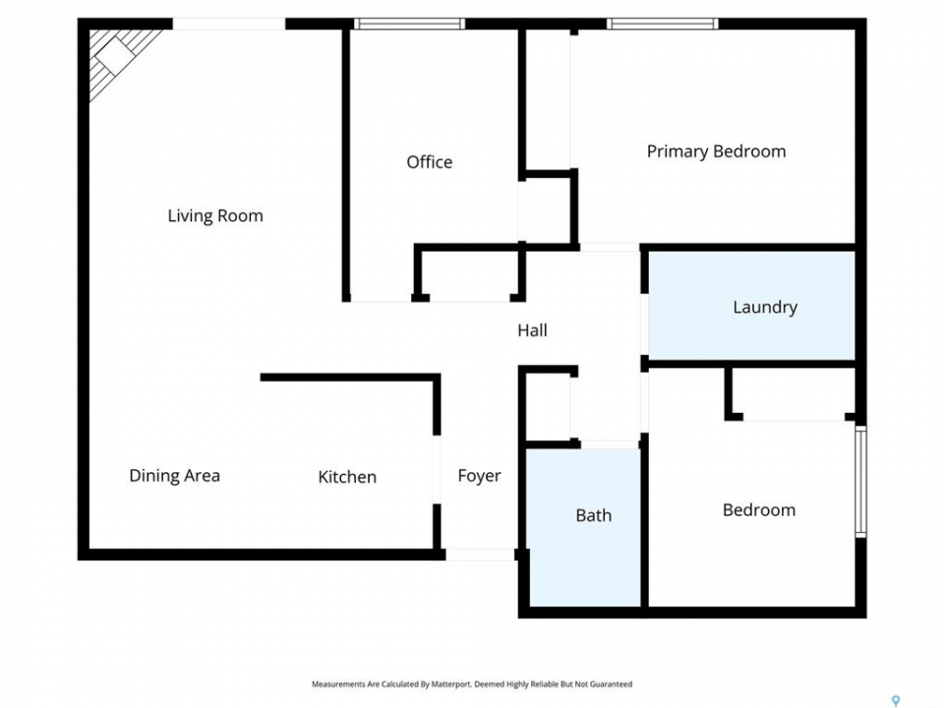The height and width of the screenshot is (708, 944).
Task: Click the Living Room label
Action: pyautogui.click(x=215, y=215)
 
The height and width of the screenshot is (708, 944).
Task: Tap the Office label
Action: pyautogui.click(x=430, y=162)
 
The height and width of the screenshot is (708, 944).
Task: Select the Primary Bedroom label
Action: pyautogui.click(x=717, y=151)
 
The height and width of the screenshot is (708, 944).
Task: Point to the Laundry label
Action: pyautogui.click(x=765, y=307)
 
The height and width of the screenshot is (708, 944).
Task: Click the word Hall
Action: pyautogui.click(x=532, y=330)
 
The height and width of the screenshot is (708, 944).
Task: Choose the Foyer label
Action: pyautogui.click(x=479, y=476)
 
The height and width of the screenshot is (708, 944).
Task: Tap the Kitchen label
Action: pyautogui.click(x=347, y=477)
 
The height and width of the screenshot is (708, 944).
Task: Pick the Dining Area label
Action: pyautogui.click(x=175, y=476)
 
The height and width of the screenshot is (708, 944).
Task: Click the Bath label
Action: pyautogui.click(x=594, y=515)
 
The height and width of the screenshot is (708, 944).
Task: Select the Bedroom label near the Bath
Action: pyautogui.click(x=759, y=510)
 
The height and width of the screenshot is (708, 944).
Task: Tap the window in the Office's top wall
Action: pyautogui.click(x=409, y=24)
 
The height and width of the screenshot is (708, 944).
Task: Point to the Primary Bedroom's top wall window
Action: pyautogui.click(x=662, y=24)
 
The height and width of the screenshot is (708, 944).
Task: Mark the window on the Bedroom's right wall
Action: pyautogui.click(x=861, y=481)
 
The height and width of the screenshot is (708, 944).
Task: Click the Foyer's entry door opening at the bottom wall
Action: pyautogui.click(x=480, y=555)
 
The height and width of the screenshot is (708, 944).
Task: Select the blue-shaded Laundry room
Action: pyautogui.click(x=751, y=305)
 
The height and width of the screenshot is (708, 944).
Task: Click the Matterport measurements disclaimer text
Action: pyautogui.click(x=472, y=684)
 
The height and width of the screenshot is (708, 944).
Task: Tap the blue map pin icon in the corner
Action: pyautogui.click(x=896, y=701)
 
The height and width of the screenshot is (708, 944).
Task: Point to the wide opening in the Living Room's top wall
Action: pyautogui.click(x=229, y=24)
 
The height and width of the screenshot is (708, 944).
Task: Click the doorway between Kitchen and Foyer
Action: pyautogui.click(x=437, y=470)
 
